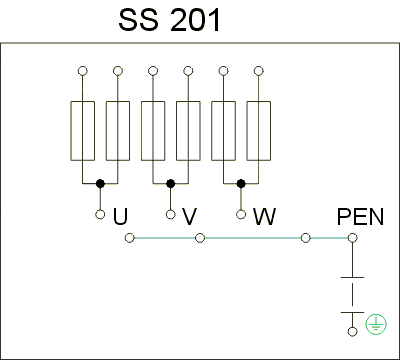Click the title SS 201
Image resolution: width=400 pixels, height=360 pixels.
pyautogui.click(x=169, y=20)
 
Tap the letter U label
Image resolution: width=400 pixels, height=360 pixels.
pyautogui.click(x=120, y=216)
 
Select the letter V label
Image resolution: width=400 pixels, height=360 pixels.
pyautogui.click(x=190, y=216)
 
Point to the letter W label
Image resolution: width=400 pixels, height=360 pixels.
pyautogui.click(x=264, y=216)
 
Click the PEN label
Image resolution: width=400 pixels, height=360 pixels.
pyautogui.click(x=360, y=217)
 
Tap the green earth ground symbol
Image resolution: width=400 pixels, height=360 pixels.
pyautogui.click(x=376, y=325)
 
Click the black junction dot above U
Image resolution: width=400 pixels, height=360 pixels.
pyautogui.click(x=100, y=183)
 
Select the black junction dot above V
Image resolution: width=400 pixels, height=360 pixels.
pyautogui.click(x=171, y=183)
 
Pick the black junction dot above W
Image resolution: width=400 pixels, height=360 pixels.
pyautogui.click(x=241, y=183)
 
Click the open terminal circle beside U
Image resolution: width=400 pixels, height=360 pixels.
pyautogui.click(x=100, y=214)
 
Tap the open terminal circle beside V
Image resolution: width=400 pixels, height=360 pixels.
pyautogui.click(x=171, y=214)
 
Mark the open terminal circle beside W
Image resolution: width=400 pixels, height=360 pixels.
pyautogui.click(x=241, y=214)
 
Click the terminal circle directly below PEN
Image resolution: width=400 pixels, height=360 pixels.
pyautogui.click(x=352, y=238)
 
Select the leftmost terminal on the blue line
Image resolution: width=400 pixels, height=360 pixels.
pyautogui.click(x=130, y=238)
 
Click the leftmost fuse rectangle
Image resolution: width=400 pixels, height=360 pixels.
pyautogui.click(x=82, y=131)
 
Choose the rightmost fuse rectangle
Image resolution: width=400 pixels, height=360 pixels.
pyautogui.click(x=259, y=131)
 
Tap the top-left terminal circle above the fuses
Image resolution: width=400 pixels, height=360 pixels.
pyautogui.click(x=82, y=71)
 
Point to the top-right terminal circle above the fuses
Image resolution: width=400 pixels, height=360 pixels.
pyautogui.click(x=259, y=71)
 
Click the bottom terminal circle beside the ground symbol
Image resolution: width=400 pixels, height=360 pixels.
pyautogui.click(x=352, y=332)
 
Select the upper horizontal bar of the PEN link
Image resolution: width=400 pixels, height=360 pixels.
pyautogui.click(x=352, y=277)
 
